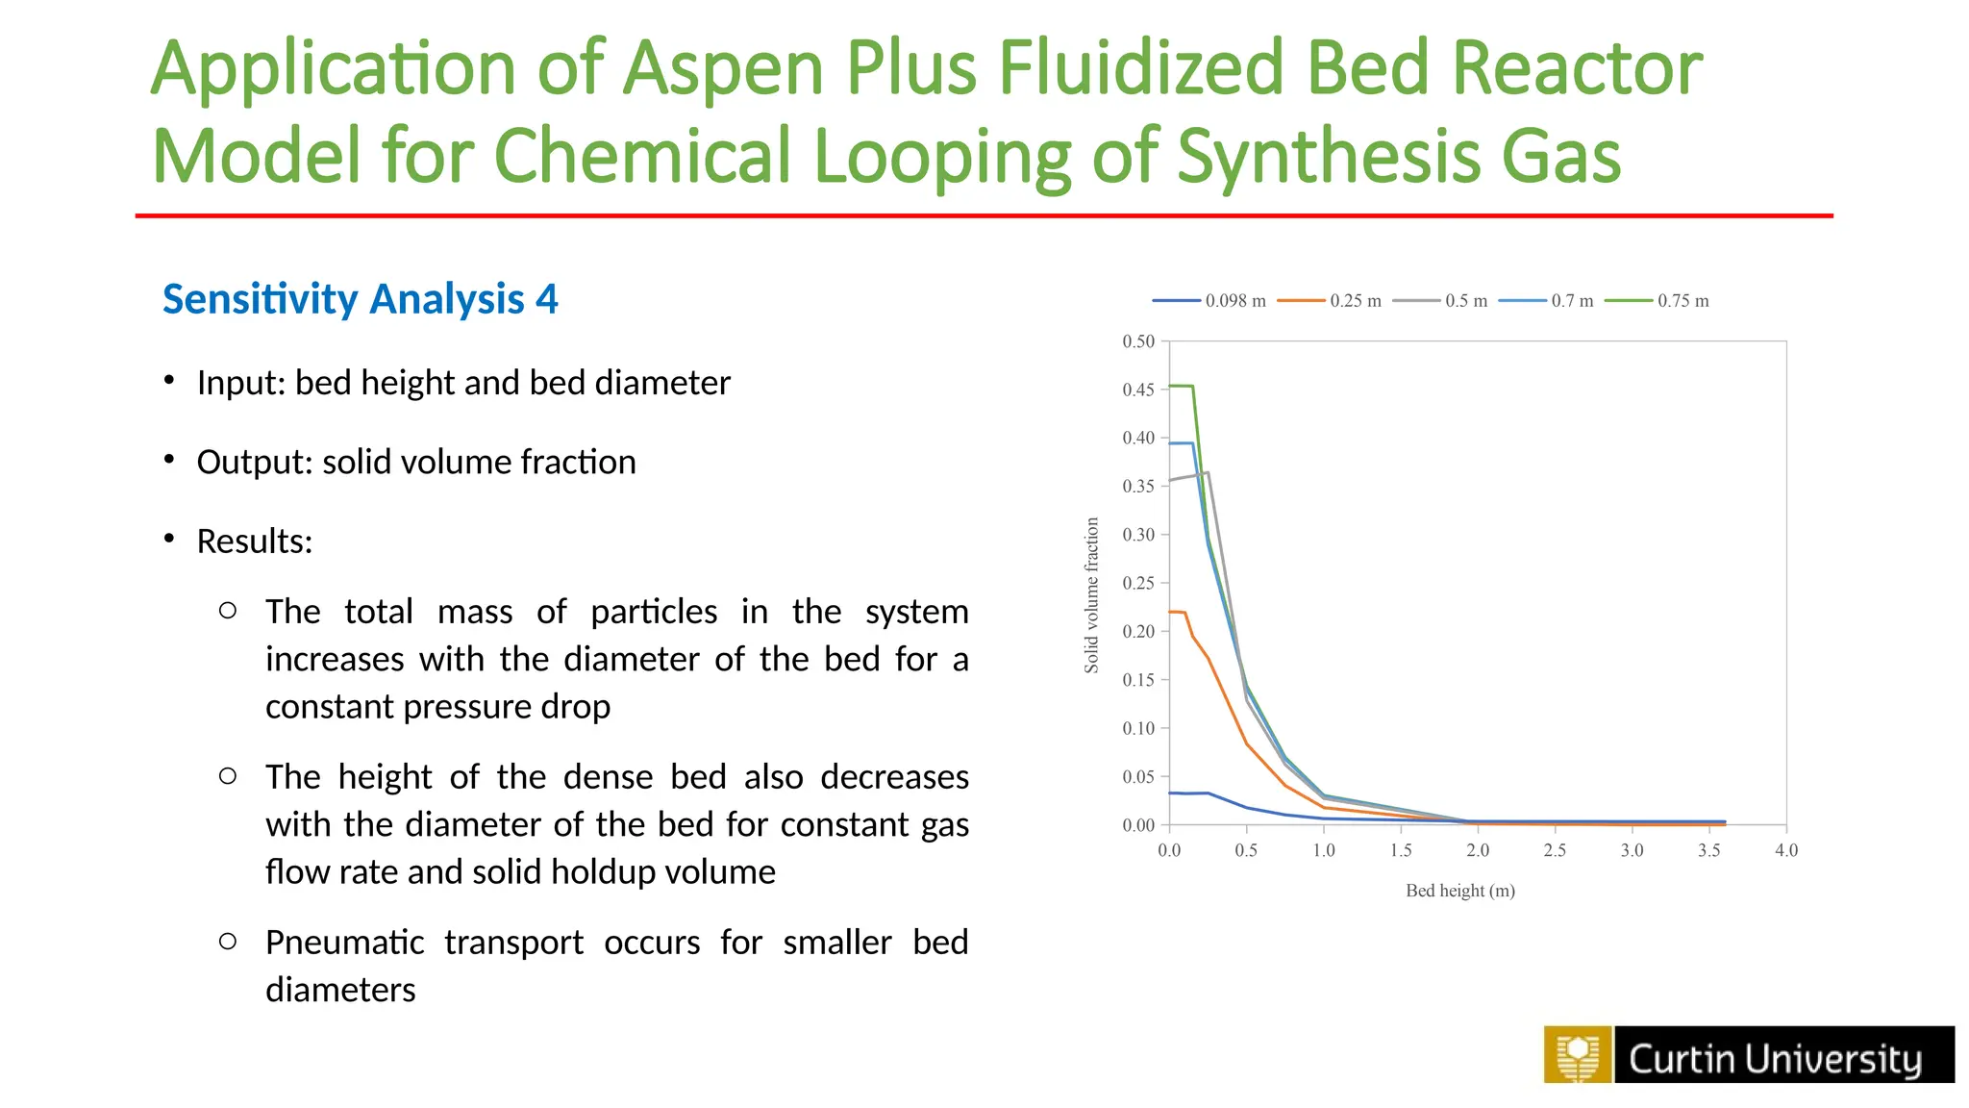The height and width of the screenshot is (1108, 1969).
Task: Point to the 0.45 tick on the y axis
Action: [x=1138, y=390]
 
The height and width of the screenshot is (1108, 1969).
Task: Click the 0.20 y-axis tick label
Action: [x=1138, y=632]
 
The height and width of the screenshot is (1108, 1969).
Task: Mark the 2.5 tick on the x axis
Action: [x=1555, y=850]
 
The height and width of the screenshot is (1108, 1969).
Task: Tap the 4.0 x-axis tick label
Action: [x=1785, y=850]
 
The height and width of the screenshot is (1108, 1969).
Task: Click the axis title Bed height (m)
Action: [x=1459, y=891]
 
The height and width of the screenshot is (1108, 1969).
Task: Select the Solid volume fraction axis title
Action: [x=1091, y=595]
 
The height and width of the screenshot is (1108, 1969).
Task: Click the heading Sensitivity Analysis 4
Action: [x=360, y=299]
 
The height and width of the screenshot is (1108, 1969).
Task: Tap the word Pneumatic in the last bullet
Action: [x=344, y=943]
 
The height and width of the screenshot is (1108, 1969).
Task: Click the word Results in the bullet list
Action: [x=253, y=541]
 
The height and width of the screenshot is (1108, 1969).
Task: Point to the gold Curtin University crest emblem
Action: [x=1577, y=1055]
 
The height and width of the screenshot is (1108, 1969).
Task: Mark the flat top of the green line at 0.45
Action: [x=1181, y=387]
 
